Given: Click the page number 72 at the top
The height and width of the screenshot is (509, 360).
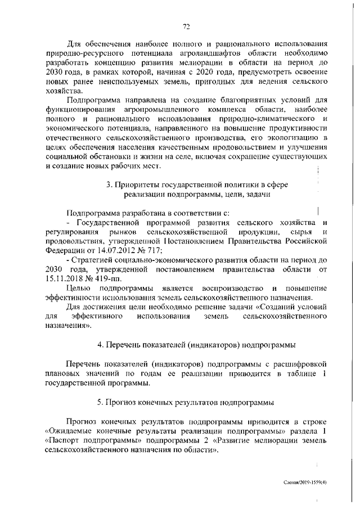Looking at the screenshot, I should tap(187, 25).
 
